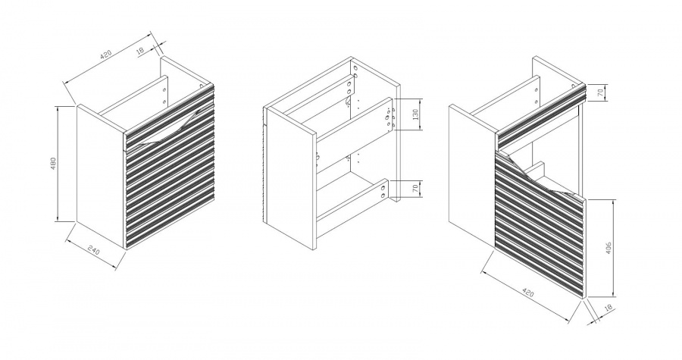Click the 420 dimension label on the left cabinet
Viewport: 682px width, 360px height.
(106, 55)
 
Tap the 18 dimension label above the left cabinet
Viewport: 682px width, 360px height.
(140, 51)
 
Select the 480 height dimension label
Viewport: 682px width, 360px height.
(54, 163)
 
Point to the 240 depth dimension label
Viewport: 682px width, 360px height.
(93, 251)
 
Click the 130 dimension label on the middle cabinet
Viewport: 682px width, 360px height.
(415, 114)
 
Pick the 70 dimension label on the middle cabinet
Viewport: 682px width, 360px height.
(415, 188)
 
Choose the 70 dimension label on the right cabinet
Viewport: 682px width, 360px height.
(600, 92)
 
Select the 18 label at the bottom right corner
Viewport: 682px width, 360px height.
(608, 308)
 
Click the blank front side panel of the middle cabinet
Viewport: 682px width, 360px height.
(290, 178)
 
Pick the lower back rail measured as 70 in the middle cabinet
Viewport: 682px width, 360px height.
(353, 197)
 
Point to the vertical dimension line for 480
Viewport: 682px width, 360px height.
(58, 163)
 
